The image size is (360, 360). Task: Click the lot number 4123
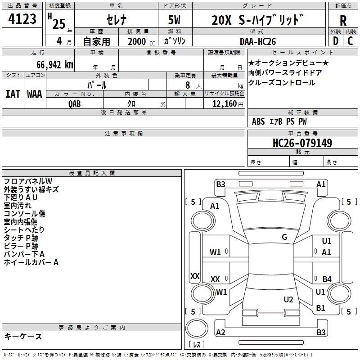tap(22, 19)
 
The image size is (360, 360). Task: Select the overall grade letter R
tap(343, 21)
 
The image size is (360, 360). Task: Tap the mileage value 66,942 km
tap(55, 65)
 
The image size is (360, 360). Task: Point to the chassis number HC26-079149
tap(302, 143)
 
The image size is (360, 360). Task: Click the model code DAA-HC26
tap(258, 41)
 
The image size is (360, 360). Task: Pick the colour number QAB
tap(75, 104)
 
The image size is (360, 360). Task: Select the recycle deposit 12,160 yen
tap(228, 104)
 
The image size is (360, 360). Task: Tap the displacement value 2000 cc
tap(141, 42)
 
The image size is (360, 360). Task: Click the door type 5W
tap(174, 20)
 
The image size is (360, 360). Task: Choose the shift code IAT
tap(13, 94)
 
